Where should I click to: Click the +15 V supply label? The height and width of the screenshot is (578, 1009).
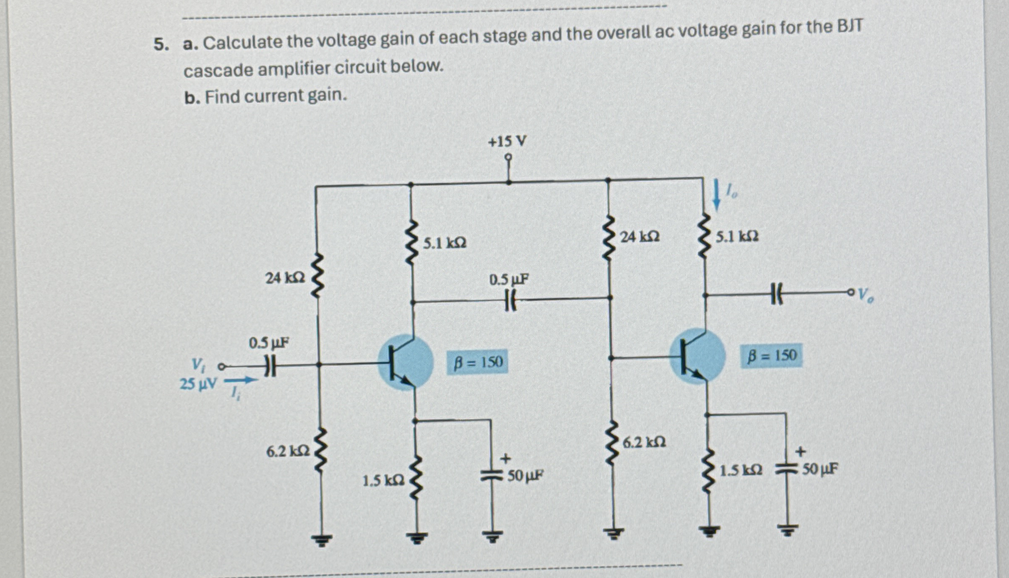(x=507, y=142)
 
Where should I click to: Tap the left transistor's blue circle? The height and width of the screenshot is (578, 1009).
(x=405, y=362)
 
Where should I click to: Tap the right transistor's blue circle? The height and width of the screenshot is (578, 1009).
(x=697, y=356)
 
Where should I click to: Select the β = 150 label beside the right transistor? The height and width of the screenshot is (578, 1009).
(x=771, y=356)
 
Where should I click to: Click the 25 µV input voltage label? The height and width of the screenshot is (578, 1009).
(x=198, y=384)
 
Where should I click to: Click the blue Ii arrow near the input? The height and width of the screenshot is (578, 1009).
(x=240, y=381)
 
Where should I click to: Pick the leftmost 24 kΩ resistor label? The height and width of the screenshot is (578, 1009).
(x=285, y=278)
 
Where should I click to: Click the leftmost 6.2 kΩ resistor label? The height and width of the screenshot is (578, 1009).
(x=288, y=452)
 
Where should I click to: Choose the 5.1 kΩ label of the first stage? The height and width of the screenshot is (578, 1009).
(x=445, y=244)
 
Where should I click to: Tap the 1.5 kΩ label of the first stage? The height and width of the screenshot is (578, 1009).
(x=384, y=480)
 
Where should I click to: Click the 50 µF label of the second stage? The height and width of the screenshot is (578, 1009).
(x=820, y=469)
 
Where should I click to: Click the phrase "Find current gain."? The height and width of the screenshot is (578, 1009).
(x=276, y=96)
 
